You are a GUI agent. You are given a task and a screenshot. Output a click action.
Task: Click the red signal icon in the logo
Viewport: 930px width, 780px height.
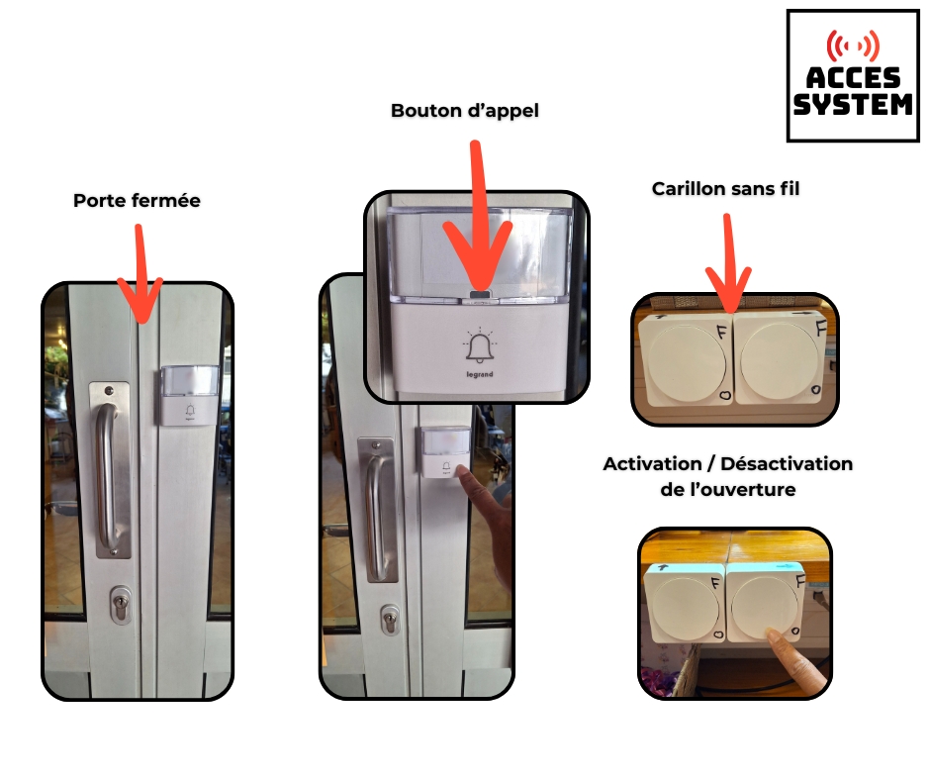pos(853,46)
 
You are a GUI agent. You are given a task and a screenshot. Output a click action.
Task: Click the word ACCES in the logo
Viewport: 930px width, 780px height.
pos(853,78)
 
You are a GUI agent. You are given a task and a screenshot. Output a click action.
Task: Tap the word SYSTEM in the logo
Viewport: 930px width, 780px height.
pos(853,105)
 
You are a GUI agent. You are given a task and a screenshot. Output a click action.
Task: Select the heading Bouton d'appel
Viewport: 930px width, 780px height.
pos(464,111)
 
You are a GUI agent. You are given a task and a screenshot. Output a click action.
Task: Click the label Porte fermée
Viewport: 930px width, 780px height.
pos(137,201)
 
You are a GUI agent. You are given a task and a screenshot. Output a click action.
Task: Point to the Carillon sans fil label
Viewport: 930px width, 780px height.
pos(725,189)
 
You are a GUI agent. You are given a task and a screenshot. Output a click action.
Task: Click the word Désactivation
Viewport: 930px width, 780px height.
pos(787,463)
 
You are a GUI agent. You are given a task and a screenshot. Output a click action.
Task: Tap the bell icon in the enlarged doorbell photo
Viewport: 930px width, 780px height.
pos(479,345)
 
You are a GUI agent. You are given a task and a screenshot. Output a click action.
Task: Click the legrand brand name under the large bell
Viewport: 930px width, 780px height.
pos(479,374)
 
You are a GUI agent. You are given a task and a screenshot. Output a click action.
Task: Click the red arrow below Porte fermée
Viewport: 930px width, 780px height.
pos(139,274)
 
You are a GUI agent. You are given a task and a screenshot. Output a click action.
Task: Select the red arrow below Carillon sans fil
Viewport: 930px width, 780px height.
pos(728,263)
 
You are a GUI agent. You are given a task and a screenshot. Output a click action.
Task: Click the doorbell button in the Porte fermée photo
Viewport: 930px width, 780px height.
pos(189,395)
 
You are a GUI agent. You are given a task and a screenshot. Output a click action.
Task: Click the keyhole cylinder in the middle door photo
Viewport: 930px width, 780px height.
pos(390,621)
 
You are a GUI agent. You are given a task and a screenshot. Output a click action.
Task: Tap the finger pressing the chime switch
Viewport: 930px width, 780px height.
pos(793,662)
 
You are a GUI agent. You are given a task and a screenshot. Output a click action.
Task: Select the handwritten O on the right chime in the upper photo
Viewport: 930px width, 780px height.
pos(816,390)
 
